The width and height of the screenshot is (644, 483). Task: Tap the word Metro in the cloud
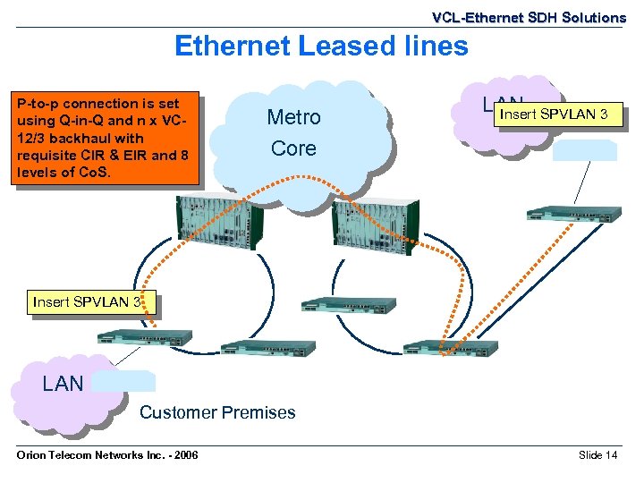[293, 117]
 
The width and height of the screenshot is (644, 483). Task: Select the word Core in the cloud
[293, 148]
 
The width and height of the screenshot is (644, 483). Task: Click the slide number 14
[611, 456]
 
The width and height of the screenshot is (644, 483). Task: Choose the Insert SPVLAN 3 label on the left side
[87, 301]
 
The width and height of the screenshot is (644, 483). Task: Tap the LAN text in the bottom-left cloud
[63, 384]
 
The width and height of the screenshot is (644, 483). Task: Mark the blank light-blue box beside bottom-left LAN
[124, 381]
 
